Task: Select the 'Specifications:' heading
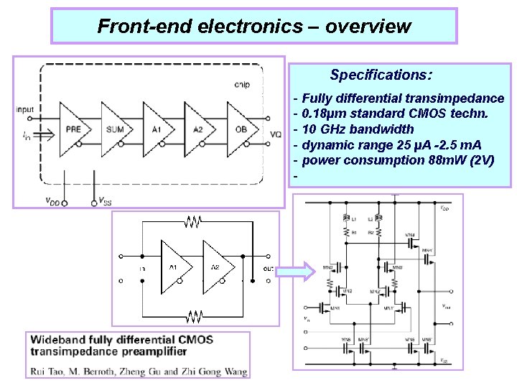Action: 381,75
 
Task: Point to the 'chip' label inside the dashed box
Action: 242,84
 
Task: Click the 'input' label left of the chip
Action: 24,110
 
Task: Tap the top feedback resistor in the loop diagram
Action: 192,223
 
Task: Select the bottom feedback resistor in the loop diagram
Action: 192,316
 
